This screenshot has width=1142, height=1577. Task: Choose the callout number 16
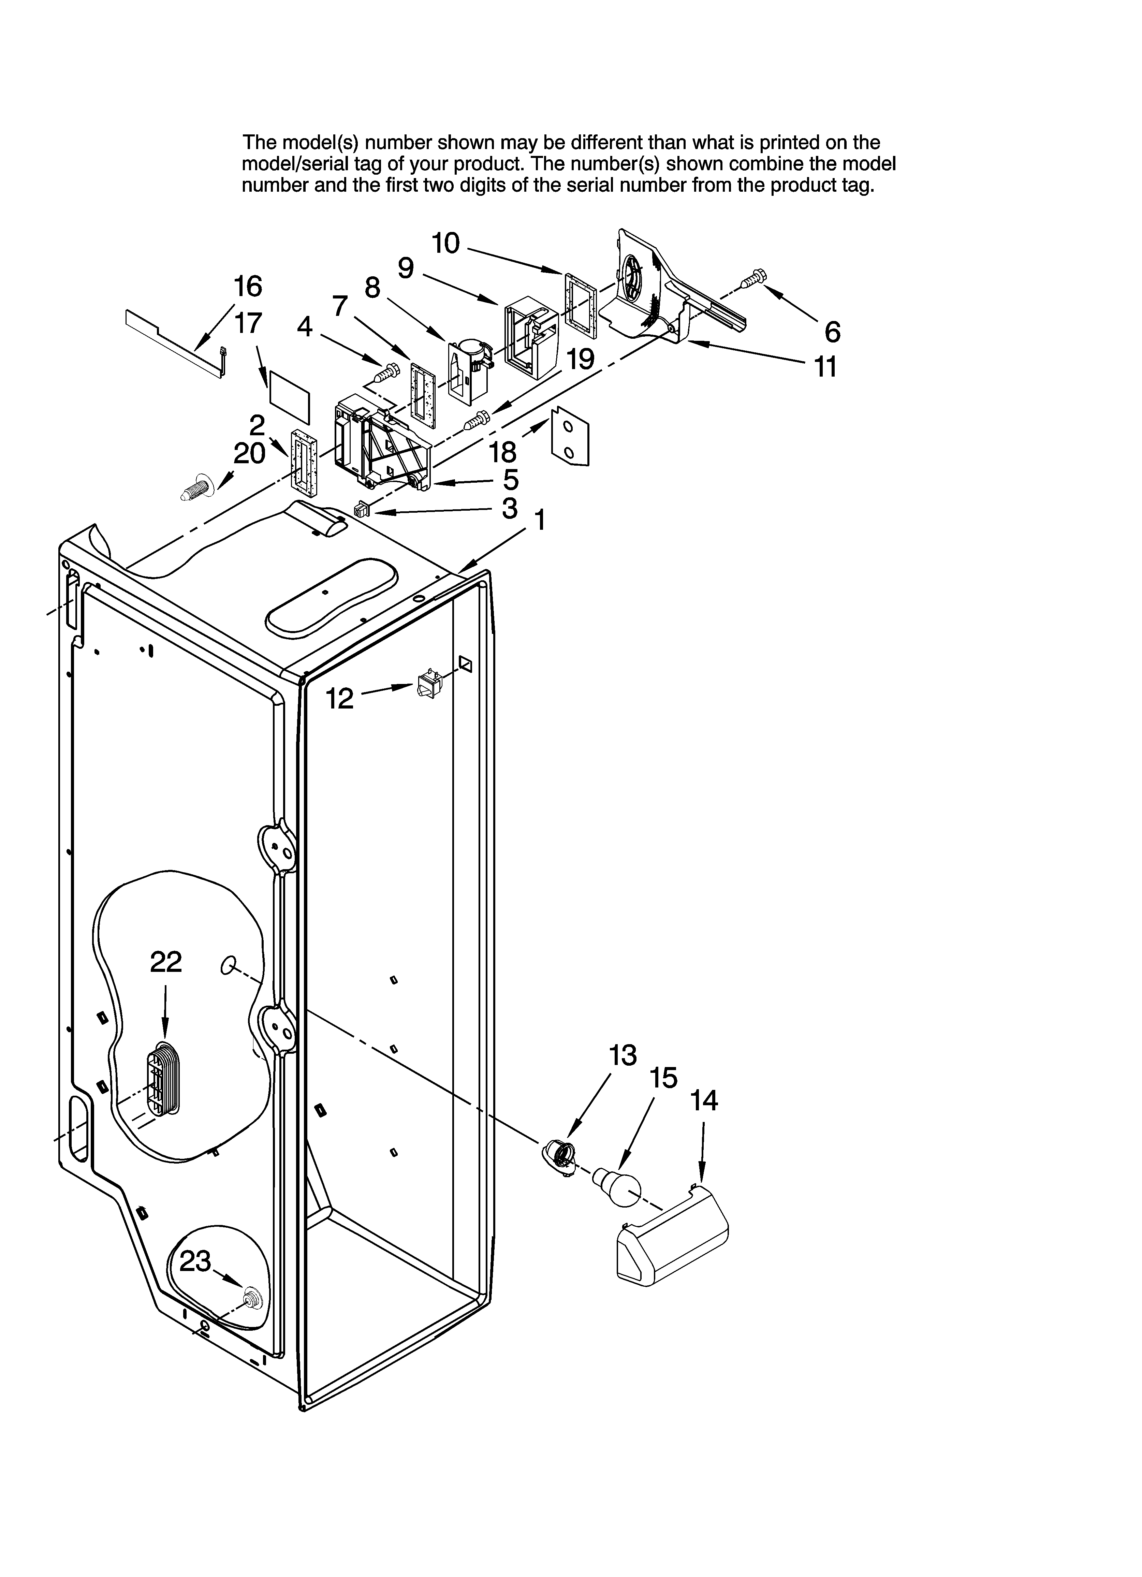pyautogui.click(x=248, y=286)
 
